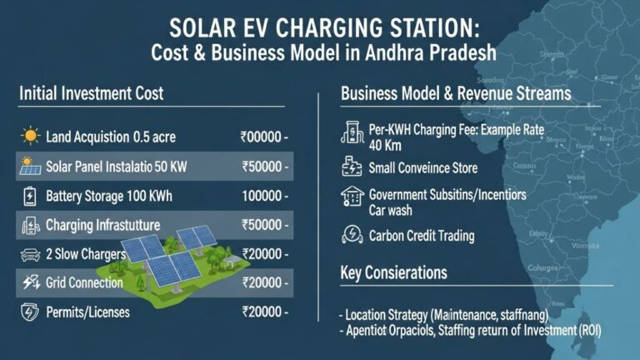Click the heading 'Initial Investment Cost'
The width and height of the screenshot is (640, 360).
pos(91,93)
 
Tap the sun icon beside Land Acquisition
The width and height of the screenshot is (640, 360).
pos(30,136)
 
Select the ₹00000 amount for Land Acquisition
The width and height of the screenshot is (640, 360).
pos(264,136)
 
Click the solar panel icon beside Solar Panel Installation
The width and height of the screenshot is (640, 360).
pos(30,167)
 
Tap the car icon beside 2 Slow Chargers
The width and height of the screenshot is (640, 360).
pos(30,253)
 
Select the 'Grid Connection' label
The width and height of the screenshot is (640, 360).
pos(85,282)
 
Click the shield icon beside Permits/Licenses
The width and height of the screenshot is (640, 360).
pos(30,312)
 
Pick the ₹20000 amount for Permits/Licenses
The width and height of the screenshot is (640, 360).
pos(264,312)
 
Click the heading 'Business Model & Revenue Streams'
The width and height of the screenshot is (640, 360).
pos(456,93)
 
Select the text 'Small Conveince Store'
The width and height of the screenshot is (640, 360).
pos(422,167)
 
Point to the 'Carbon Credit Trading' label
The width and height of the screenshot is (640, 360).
pos(421,236)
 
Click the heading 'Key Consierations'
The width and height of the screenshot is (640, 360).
pos(393,273)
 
